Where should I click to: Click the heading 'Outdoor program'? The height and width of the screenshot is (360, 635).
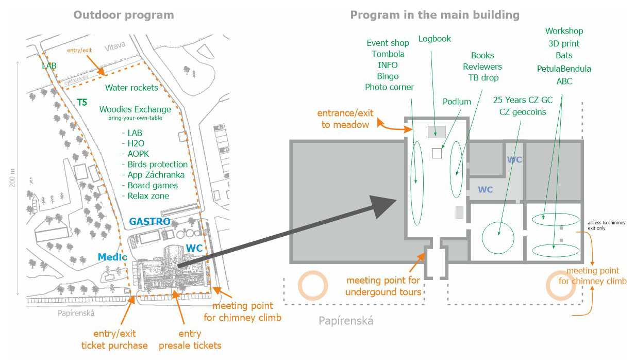124,15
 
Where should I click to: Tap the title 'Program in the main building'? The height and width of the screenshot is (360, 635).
435,15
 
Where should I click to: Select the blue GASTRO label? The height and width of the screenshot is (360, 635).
150,221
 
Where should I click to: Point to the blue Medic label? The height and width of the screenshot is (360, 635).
112,257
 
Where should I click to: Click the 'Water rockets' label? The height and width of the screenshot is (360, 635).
131,88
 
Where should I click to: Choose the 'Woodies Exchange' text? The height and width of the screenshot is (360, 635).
135,109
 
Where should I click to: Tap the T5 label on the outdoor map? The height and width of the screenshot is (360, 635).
81,102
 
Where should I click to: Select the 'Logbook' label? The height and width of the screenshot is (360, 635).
435,39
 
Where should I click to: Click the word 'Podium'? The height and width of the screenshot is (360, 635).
457,102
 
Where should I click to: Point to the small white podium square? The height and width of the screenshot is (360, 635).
437,153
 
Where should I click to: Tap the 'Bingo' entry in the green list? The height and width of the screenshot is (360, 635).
388,76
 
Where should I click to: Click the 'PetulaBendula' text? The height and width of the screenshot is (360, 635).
564,69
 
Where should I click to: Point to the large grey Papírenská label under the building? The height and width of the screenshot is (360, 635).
345,321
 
